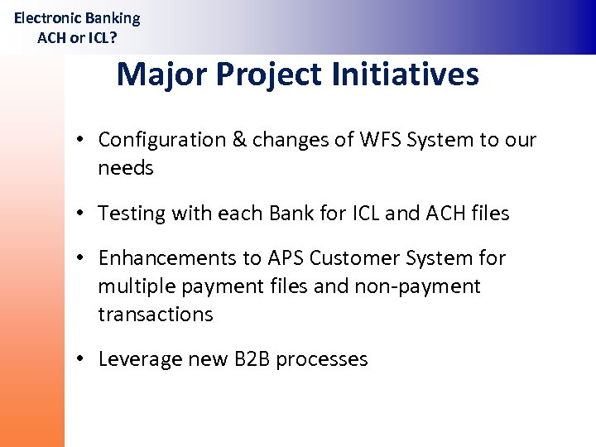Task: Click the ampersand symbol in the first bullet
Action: (x=240, y=140)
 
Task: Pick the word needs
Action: (x=126, y=168)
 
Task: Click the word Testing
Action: (x=132, y=214)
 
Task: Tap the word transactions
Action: (x=156, y=315)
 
